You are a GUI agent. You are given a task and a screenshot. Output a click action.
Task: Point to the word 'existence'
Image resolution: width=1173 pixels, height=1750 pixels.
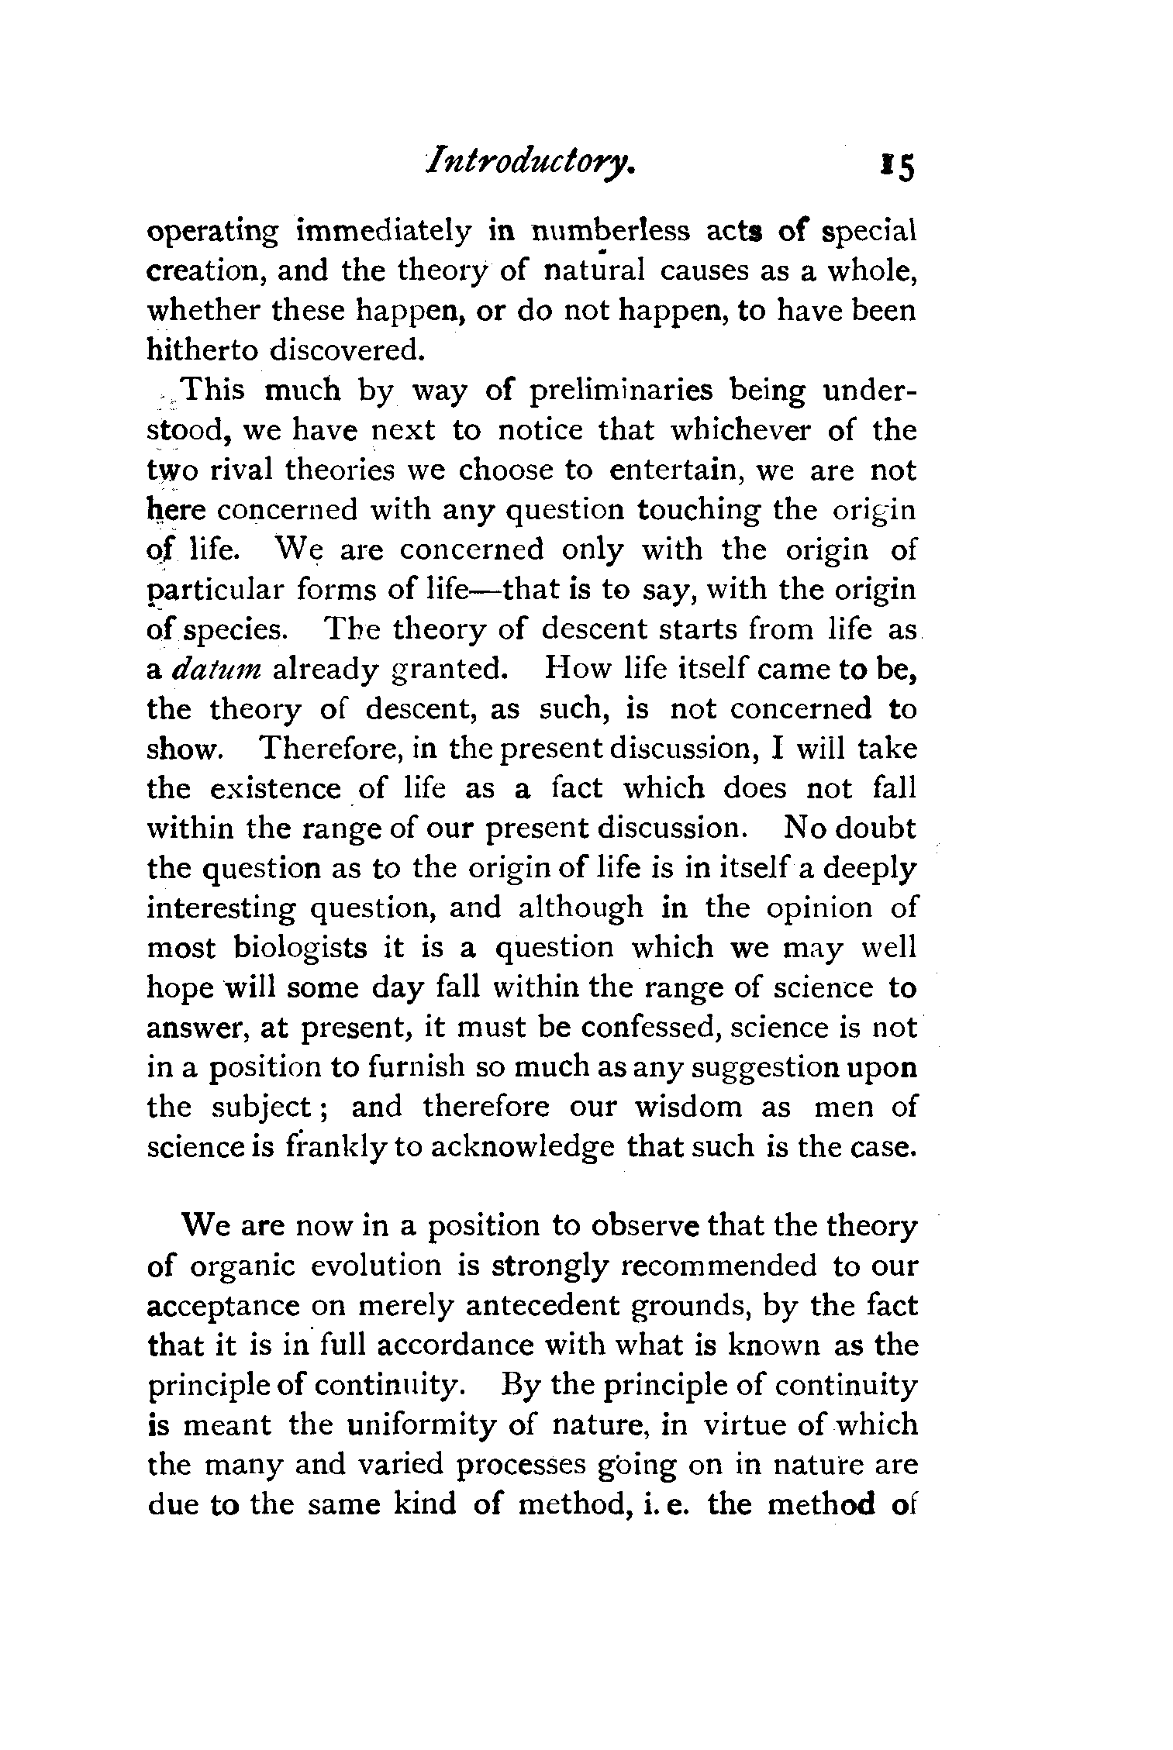[x=275, y=789]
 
